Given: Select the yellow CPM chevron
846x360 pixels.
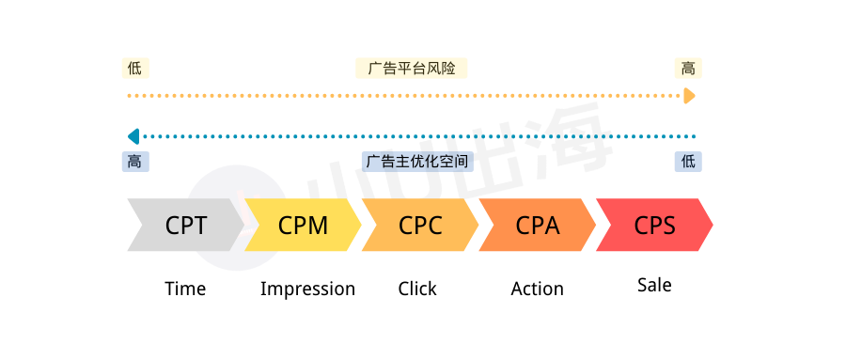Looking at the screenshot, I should pyautogui.click(x=303, y=226).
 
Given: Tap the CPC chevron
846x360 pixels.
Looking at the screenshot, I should pyautogui.click(x=420, y=226).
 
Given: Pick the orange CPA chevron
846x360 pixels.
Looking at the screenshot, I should pyautogui.click(x=537, y=226).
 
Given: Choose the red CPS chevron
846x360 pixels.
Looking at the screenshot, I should pyautogui.click(x=654, y=226).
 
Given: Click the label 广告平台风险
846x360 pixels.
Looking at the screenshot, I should pyautogui.click(x=411, y=69).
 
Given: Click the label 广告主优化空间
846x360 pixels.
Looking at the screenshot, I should pyautogui.click(x=417, y=162).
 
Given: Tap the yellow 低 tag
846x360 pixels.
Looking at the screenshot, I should pyautogui.click(x=135, y=69).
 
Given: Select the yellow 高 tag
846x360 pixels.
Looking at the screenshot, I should pyautogui.click(x=688, y=69).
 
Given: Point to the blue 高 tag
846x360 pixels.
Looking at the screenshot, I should pyautogui.click(x=135, y=162).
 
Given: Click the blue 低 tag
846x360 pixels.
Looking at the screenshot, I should pyautogui.click(x=688, y=162).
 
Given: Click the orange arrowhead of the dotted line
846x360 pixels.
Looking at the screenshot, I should pyautogui.click(x=690, y=96).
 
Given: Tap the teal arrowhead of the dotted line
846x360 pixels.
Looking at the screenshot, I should pyautogui.click(x=133, y=136).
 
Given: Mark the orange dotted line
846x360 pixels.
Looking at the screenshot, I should pyautogui.click(x=404, y=96).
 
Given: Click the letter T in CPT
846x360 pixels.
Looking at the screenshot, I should pyautogui.click(x=199, y=226).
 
